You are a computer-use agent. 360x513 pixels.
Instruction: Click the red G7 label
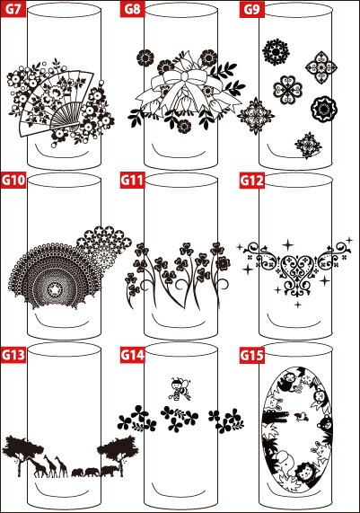click(13, 8)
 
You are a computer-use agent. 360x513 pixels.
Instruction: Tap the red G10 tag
click(13, 181)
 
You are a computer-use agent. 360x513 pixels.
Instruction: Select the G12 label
click(252, 181)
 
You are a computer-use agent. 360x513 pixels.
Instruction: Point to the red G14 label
click(133, 355)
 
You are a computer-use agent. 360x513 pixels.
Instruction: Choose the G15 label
click(252, 355)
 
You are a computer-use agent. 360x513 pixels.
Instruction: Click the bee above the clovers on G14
click(180, 388)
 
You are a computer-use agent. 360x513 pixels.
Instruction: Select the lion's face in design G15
click(304, 472)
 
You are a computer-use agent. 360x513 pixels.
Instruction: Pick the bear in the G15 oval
click(325, 425)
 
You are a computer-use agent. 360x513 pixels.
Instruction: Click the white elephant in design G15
click(284, 463)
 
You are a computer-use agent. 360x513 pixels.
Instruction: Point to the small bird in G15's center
click(299, 417)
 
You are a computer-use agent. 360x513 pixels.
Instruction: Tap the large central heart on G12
click(297, 266)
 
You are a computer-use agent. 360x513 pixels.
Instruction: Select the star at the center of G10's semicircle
click(55, 290)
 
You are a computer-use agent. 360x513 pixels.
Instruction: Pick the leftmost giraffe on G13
click(37, 466)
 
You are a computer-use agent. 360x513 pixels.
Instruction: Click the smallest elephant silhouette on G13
click(78, 473)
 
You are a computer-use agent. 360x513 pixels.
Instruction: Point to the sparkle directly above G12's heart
click(288, 244)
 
